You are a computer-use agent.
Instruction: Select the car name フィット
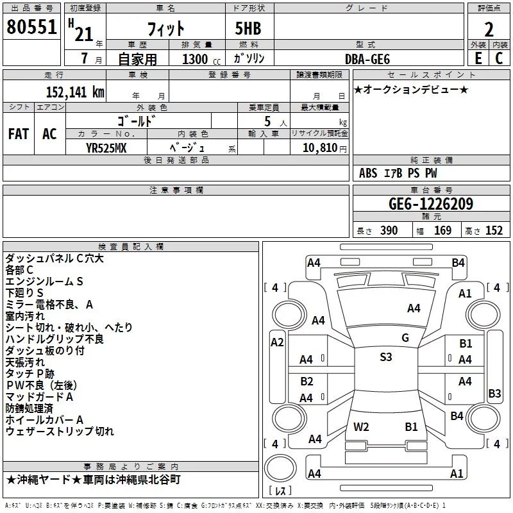pyautogui.click(x=165, y=28)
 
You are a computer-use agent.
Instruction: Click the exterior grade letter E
pyautogui.click(x=478, y=58)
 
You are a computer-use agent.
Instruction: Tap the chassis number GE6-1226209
pyautogui.click(x=431, y=205)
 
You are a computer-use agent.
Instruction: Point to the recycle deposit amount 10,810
pyautogui.click(x=319, y=147)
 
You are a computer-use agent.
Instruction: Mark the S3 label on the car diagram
pyautogui.click(x=385, y=357)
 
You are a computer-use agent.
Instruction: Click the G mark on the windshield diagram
pyautogui.click(x=405, y=337)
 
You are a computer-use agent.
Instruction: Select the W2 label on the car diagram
pyautogui.click(x=361, y=426)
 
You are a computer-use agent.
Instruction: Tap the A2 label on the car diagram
pyautogui.click(x=277, y=342)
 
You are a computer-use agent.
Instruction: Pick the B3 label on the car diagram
pyautogui.click(x=494, y=393)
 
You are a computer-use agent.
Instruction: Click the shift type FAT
pyautogui.click(x=19, y=134)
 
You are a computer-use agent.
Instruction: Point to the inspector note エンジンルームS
pyautogui.click(x=44, y=281)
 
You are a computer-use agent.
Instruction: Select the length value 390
pyautogui.click(x=389, y=231)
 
